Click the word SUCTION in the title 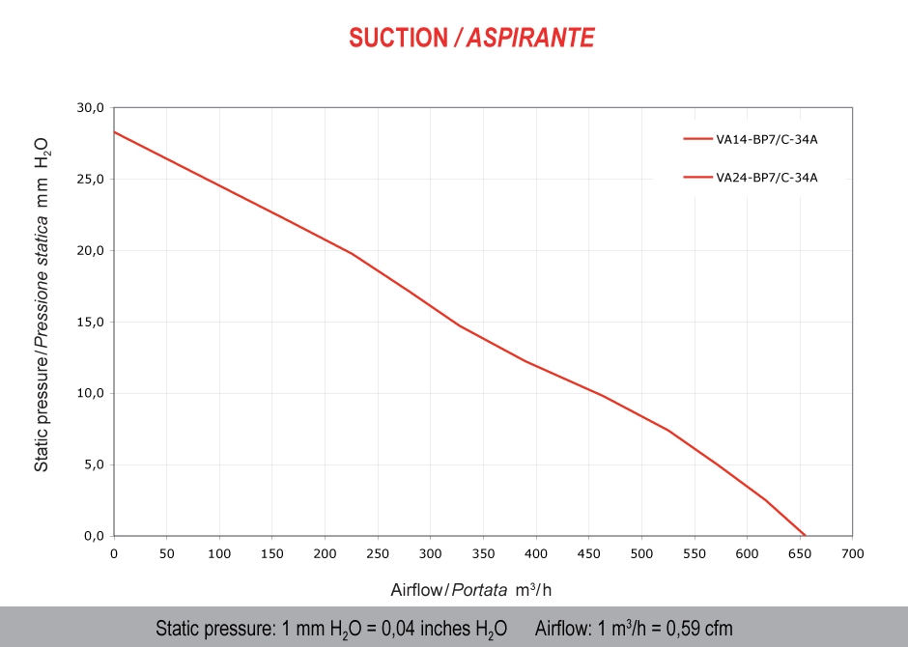[x=398, y=38]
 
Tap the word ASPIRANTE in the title [x=530, y=38]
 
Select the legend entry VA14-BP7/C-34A [x=767, y=139]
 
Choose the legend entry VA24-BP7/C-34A [x=767, y=177]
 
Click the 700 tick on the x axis [x=852, y=554]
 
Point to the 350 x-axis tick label [x=483, y=554]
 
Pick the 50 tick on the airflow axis [x=167, y=554]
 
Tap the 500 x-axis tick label [x=641, y=554]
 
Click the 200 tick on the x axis [x=325, y=554]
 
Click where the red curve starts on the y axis [x=115, y=131]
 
